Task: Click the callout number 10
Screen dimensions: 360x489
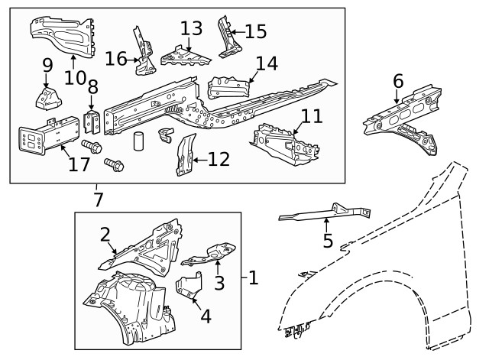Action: [x=74, y=77]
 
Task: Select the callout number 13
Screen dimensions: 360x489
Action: [x=191, y=29]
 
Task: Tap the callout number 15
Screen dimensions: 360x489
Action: [x=255, y=31]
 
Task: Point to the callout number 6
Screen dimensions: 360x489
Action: [x=397, y=80]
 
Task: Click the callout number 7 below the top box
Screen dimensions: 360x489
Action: [x=96, y=200]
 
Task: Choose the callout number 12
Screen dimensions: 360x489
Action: [x=218, y=159]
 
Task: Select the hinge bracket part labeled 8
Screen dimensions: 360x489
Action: [x=92, y=122]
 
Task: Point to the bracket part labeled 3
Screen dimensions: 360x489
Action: [x=216, y=251]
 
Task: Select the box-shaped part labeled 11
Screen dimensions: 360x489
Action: [x=287, y=143]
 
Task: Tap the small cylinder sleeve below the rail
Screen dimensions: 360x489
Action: [x=138, y=143]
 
